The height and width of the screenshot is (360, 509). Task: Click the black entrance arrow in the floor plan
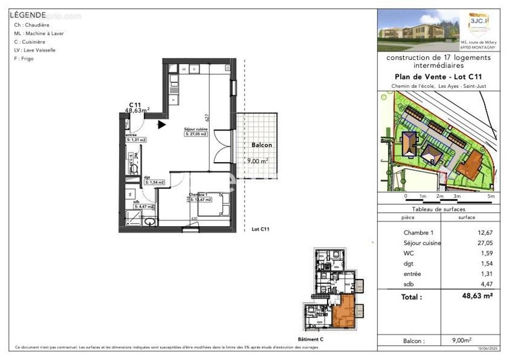coord(161,124)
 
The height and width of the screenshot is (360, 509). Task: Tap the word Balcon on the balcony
coord(261,145)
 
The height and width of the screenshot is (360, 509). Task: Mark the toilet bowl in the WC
coord(134,168)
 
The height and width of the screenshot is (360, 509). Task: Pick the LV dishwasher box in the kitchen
coord(184,69)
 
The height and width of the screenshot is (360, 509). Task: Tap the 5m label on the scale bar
coord(490,197)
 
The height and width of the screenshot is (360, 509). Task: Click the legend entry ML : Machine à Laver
coord(39,34)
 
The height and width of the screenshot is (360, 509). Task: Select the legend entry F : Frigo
coord(24,59)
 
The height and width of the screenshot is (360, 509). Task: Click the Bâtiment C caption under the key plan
coord(310,340)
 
